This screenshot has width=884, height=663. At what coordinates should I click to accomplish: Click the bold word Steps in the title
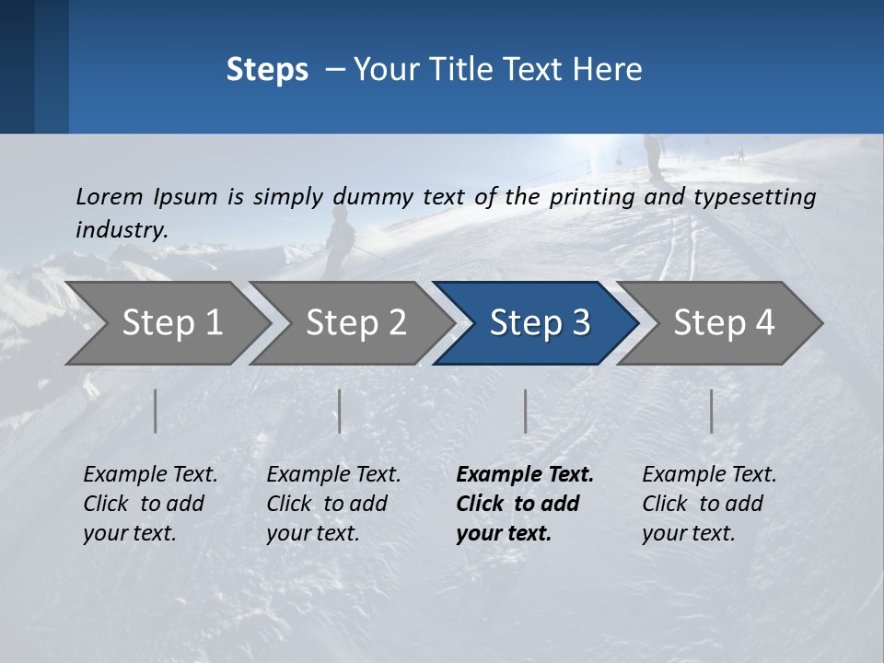[267, 69]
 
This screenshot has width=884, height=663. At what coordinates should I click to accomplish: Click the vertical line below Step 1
[156, 411]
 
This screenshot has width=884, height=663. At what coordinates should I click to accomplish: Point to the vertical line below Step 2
[340, 411]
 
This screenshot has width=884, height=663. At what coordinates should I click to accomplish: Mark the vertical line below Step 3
[525, 411]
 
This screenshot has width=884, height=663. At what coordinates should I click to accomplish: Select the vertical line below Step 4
[711, 411]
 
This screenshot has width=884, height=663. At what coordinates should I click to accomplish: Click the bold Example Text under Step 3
[525, 503]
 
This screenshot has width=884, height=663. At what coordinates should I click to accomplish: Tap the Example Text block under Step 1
[150, 503]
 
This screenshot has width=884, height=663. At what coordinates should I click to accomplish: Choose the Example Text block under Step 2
[333, 503]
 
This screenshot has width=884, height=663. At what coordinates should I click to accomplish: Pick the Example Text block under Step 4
[709, 503]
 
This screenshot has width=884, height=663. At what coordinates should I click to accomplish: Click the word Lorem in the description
[110, 196]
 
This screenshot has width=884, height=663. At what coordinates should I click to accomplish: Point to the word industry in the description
[122, 229]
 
